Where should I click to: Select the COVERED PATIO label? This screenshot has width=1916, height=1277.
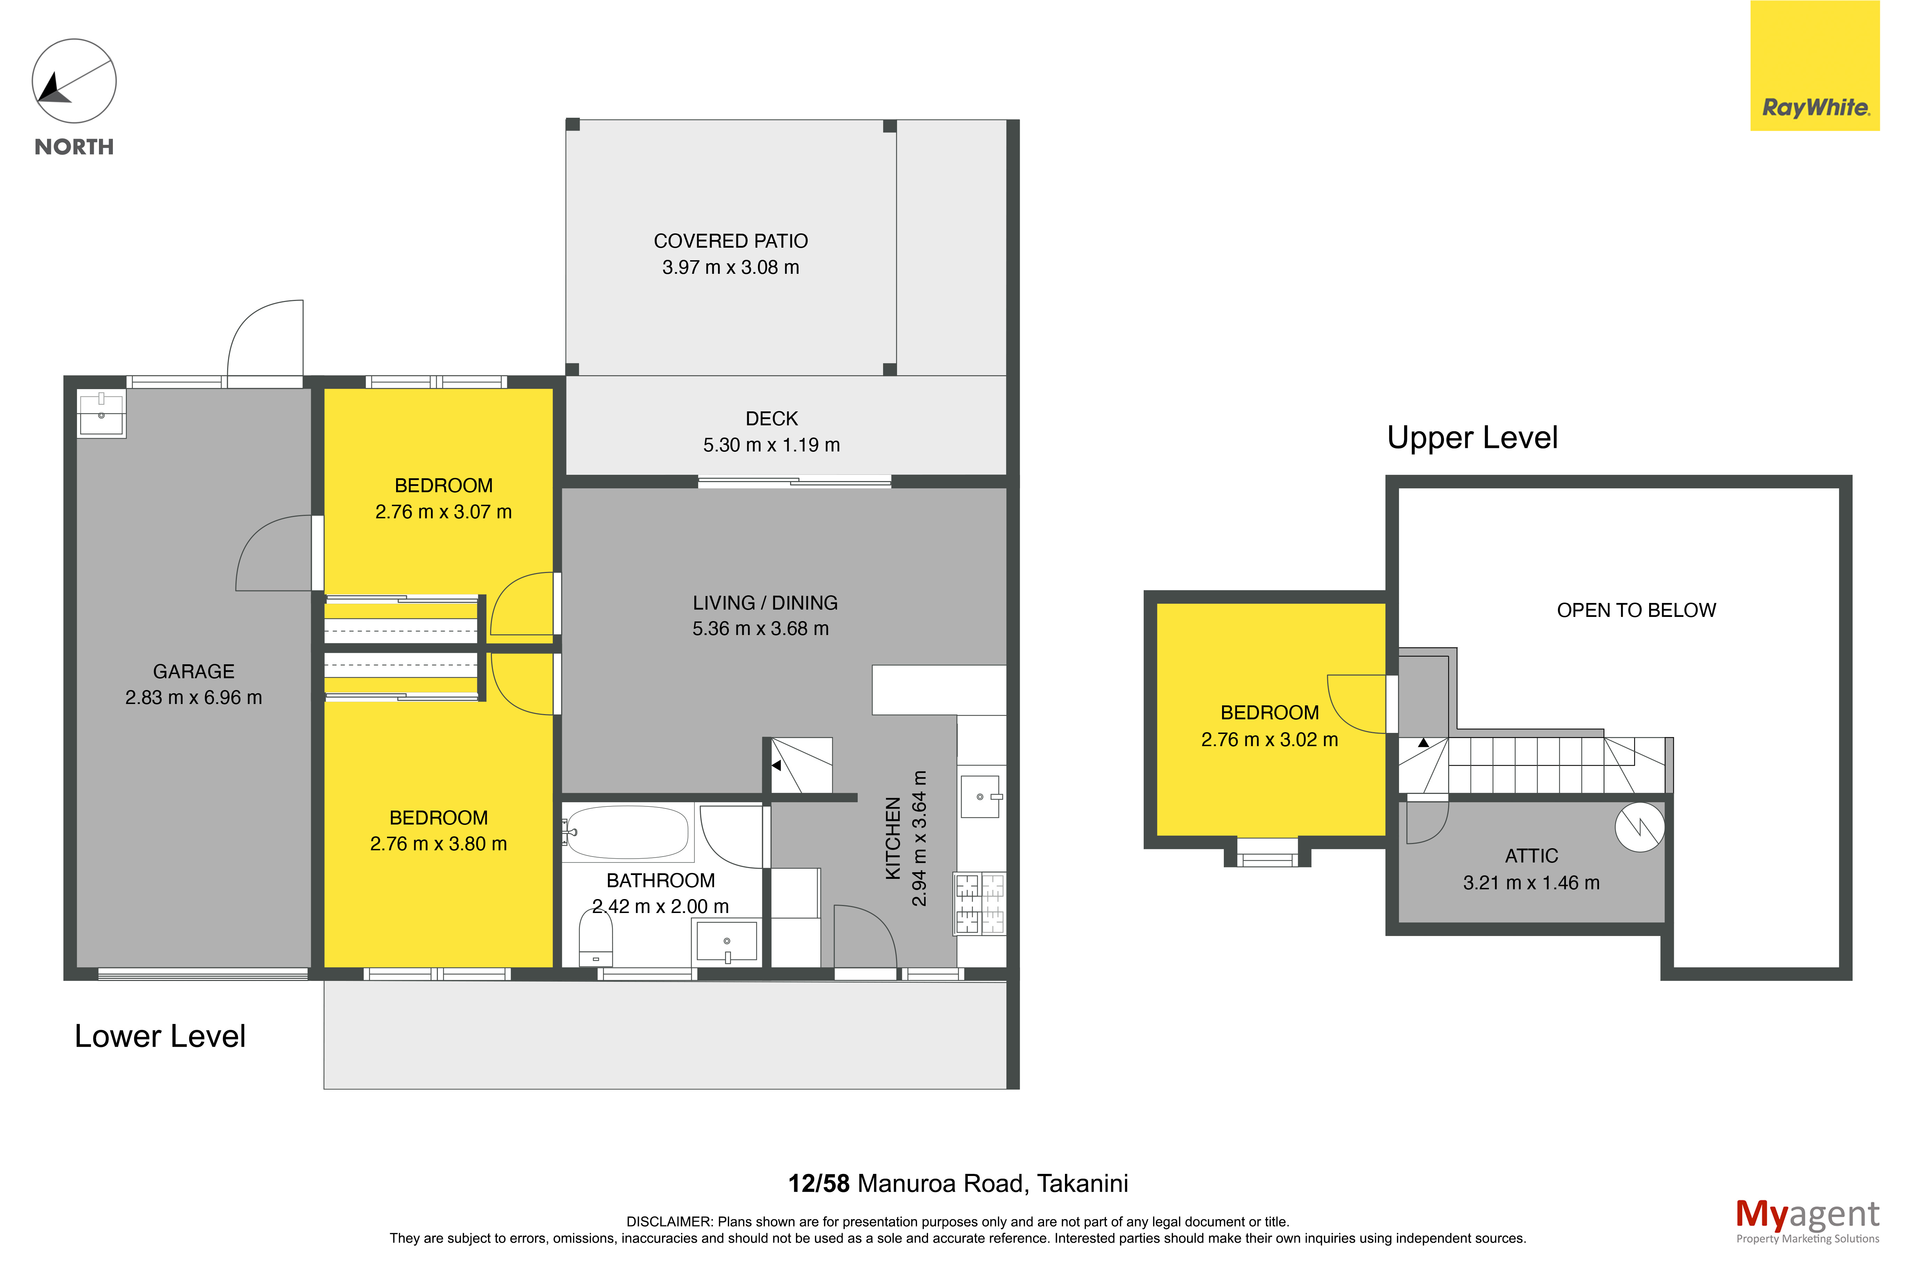(x=731, y=241)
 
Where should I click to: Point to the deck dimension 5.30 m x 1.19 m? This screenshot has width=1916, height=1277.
(x=771, y=445)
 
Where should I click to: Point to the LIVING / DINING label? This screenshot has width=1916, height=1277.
(x=765, y=603)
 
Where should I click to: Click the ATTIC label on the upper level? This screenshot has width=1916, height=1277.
(x=1531, y=856)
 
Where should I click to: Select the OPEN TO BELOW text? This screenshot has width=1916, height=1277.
(x=1636, y=610)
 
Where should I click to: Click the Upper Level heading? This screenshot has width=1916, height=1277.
(x=1472, y=438)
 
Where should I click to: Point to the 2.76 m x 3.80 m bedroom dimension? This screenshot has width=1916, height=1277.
(x=438, y=844)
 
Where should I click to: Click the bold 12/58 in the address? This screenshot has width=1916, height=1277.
(x=818, y=1183)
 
